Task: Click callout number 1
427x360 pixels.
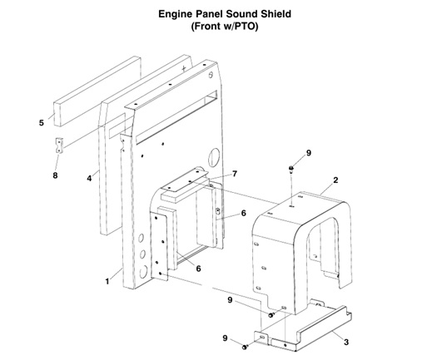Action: click(x=107, y=281)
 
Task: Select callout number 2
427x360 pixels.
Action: click(x=335, y=180)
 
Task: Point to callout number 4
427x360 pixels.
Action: click(x=87, y=177)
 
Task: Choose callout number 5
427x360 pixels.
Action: click(x=41, y=124)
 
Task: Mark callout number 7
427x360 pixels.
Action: click(x=235, y=174)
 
